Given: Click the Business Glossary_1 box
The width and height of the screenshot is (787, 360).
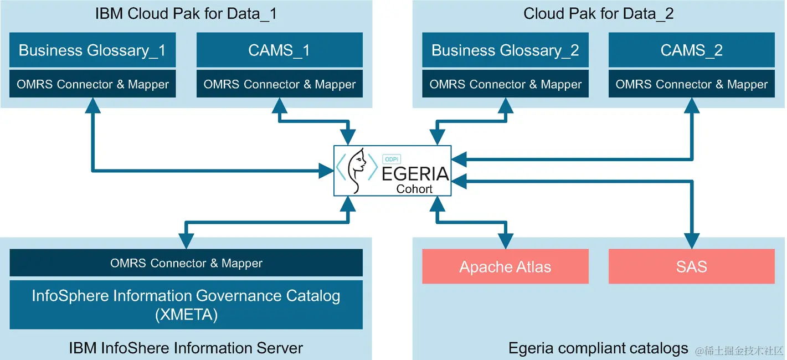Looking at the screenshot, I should point(92,50).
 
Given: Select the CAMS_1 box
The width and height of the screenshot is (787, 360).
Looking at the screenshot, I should point(279,50).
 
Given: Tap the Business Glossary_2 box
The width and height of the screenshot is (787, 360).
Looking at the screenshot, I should point(505,50).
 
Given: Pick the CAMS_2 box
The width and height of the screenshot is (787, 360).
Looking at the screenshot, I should point(691,50).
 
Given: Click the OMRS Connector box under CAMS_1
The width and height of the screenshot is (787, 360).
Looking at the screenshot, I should point(279,84).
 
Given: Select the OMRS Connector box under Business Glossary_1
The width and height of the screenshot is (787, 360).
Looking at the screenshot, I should point(92,84).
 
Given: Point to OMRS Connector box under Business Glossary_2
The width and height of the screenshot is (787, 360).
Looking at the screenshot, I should point(505,84).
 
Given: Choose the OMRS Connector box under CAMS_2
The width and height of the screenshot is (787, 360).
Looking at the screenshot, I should point(691,84).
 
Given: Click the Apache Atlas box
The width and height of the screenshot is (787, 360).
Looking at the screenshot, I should point(505,267).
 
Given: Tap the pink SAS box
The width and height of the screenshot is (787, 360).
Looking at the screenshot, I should point(691,267).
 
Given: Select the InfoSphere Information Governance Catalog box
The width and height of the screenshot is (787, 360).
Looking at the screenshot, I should point(186,304).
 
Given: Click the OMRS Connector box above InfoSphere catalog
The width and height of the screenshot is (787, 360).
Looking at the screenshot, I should point(186,263).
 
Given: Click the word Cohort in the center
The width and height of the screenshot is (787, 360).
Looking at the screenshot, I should point(414,189).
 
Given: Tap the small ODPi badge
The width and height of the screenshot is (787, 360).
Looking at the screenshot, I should point(392,157).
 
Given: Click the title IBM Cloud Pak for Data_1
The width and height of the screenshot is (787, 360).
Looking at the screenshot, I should point(186,14).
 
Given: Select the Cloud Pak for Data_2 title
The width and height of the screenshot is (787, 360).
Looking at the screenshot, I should point(598,14).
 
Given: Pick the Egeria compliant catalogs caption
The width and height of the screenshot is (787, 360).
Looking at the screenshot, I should point(598,348).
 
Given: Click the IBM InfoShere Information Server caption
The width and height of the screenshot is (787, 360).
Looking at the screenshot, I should point(186,348).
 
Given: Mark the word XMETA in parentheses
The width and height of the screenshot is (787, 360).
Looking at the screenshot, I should point(186,315).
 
